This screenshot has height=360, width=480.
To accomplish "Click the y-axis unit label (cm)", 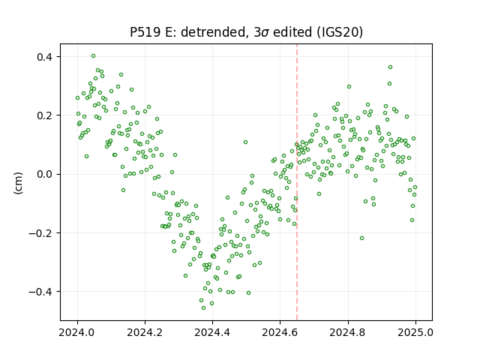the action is (18, 183).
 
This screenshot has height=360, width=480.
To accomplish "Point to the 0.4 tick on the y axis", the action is (45, 57).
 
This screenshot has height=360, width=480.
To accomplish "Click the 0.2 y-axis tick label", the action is (45, 115).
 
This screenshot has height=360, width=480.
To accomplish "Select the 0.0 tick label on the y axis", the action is (45, 174).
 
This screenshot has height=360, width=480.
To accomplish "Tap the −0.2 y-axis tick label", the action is (41, 233).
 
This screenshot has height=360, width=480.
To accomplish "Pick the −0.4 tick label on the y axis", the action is (41, 292).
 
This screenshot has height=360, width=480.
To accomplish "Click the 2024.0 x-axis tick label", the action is (77, 332).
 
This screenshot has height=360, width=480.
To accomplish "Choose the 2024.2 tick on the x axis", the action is (145, 332).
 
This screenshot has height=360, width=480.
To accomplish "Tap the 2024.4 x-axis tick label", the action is (212, 332).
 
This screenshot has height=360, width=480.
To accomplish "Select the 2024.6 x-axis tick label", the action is (280, 332).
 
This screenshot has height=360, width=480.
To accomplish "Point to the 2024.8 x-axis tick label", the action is (348, 332).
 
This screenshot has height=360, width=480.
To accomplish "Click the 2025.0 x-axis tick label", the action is (415, 332).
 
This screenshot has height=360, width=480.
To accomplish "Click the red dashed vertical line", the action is (297, 182).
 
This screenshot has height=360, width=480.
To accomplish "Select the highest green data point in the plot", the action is (93, 56).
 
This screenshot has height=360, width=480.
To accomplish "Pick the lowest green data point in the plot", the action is (203, 308).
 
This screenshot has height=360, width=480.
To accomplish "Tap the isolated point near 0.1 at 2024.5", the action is (245, 142).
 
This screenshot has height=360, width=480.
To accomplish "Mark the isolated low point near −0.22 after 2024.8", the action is (361, 238).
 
